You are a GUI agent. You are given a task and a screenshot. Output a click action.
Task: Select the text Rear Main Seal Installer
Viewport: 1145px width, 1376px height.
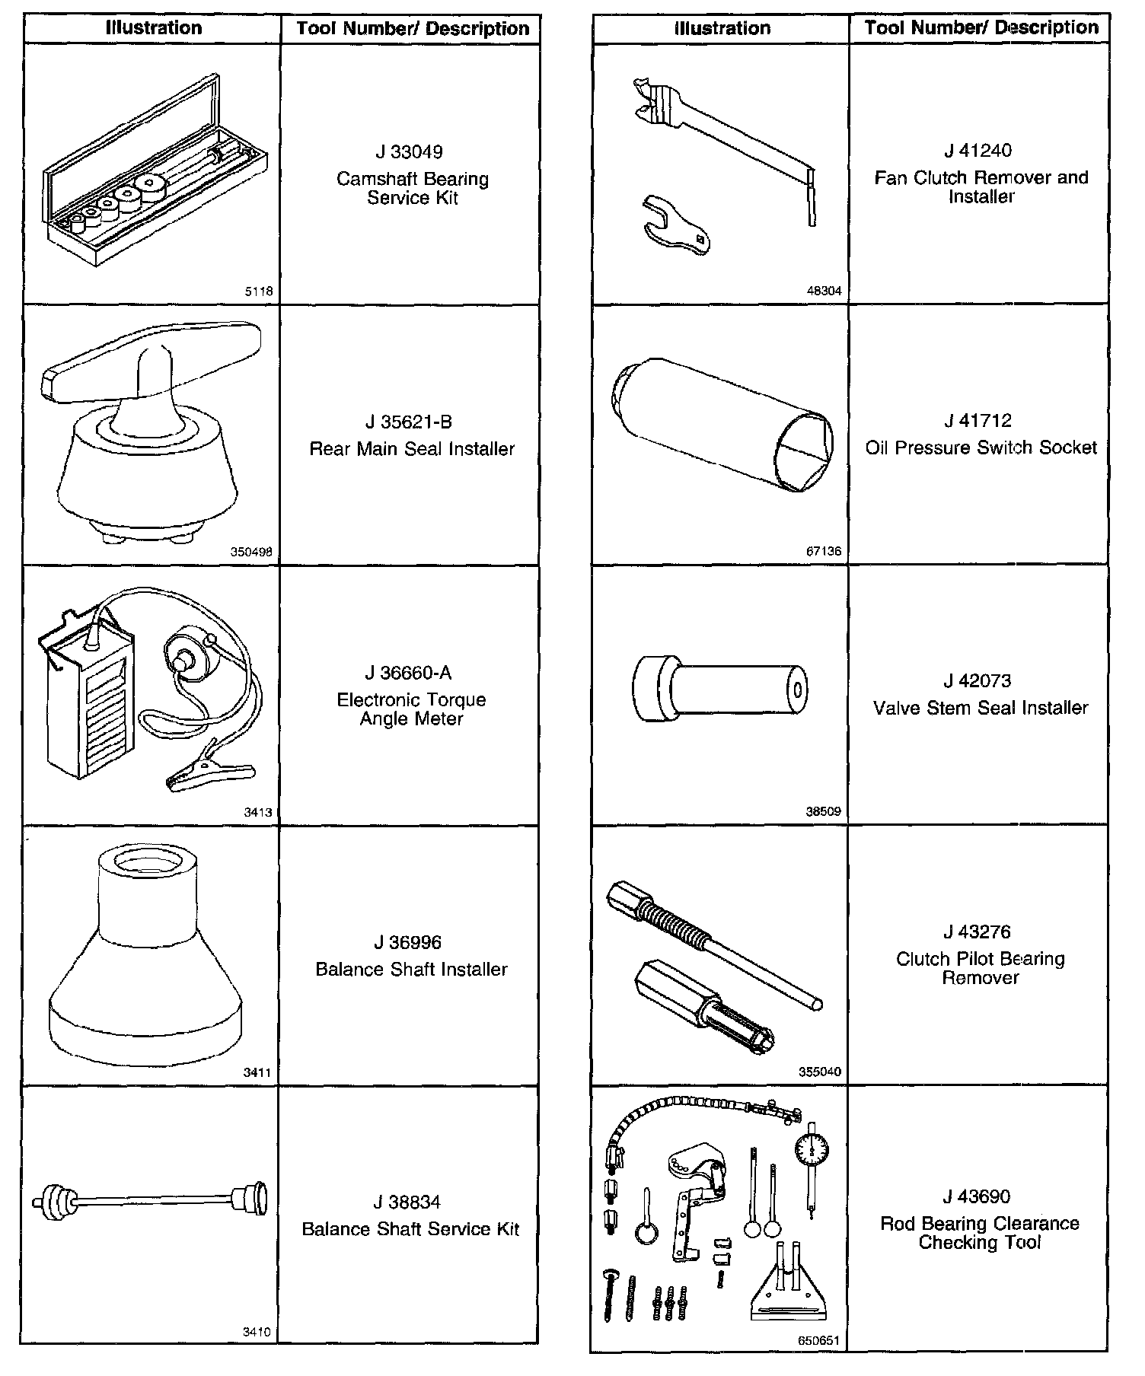[x=412, y=449]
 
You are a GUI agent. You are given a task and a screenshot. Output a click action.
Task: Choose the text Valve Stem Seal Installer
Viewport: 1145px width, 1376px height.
[x=981, y=708]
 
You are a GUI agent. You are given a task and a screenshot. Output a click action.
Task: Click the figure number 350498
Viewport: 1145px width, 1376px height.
[x=251, y=553]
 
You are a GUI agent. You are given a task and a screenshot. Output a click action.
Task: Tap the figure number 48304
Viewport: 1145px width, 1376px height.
[x=824, y=291]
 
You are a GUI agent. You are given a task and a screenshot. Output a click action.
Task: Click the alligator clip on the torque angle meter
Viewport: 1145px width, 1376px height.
[x=209, y=776]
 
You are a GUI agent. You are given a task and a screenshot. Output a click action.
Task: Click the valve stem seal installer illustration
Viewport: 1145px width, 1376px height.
[x=719, y=689]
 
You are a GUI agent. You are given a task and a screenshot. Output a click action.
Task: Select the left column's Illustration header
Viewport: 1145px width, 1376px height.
[x=154, y=28]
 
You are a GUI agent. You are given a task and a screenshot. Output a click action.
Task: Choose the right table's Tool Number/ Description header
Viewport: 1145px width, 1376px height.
[x=981, y=28]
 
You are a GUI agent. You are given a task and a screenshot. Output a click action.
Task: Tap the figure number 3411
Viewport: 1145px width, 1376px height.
[x=257, y=1072]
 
